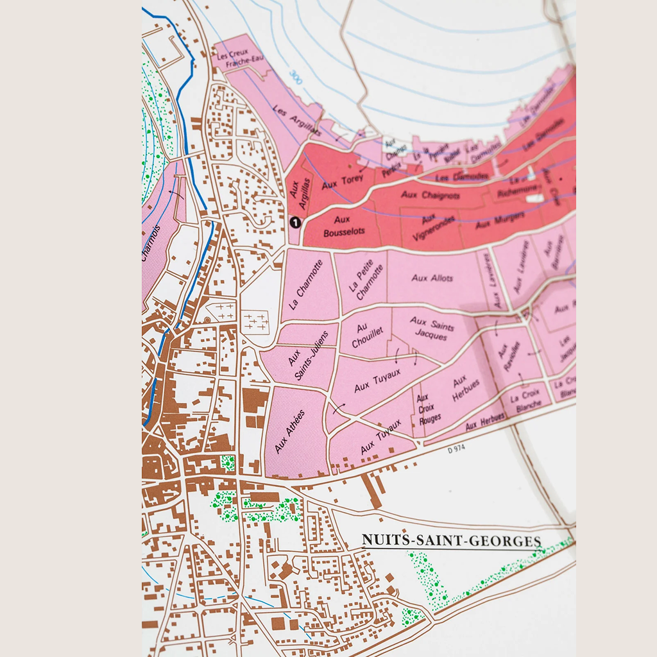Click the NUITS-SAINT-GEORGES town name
coord(451,541)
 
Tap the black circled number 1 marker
coord(295,223)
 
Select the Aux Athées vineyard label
coord(289,431)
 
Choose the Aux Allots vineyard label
coord(432,278)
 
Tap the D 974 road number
coord(456,449)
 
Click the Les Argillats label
coord(296,120)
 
